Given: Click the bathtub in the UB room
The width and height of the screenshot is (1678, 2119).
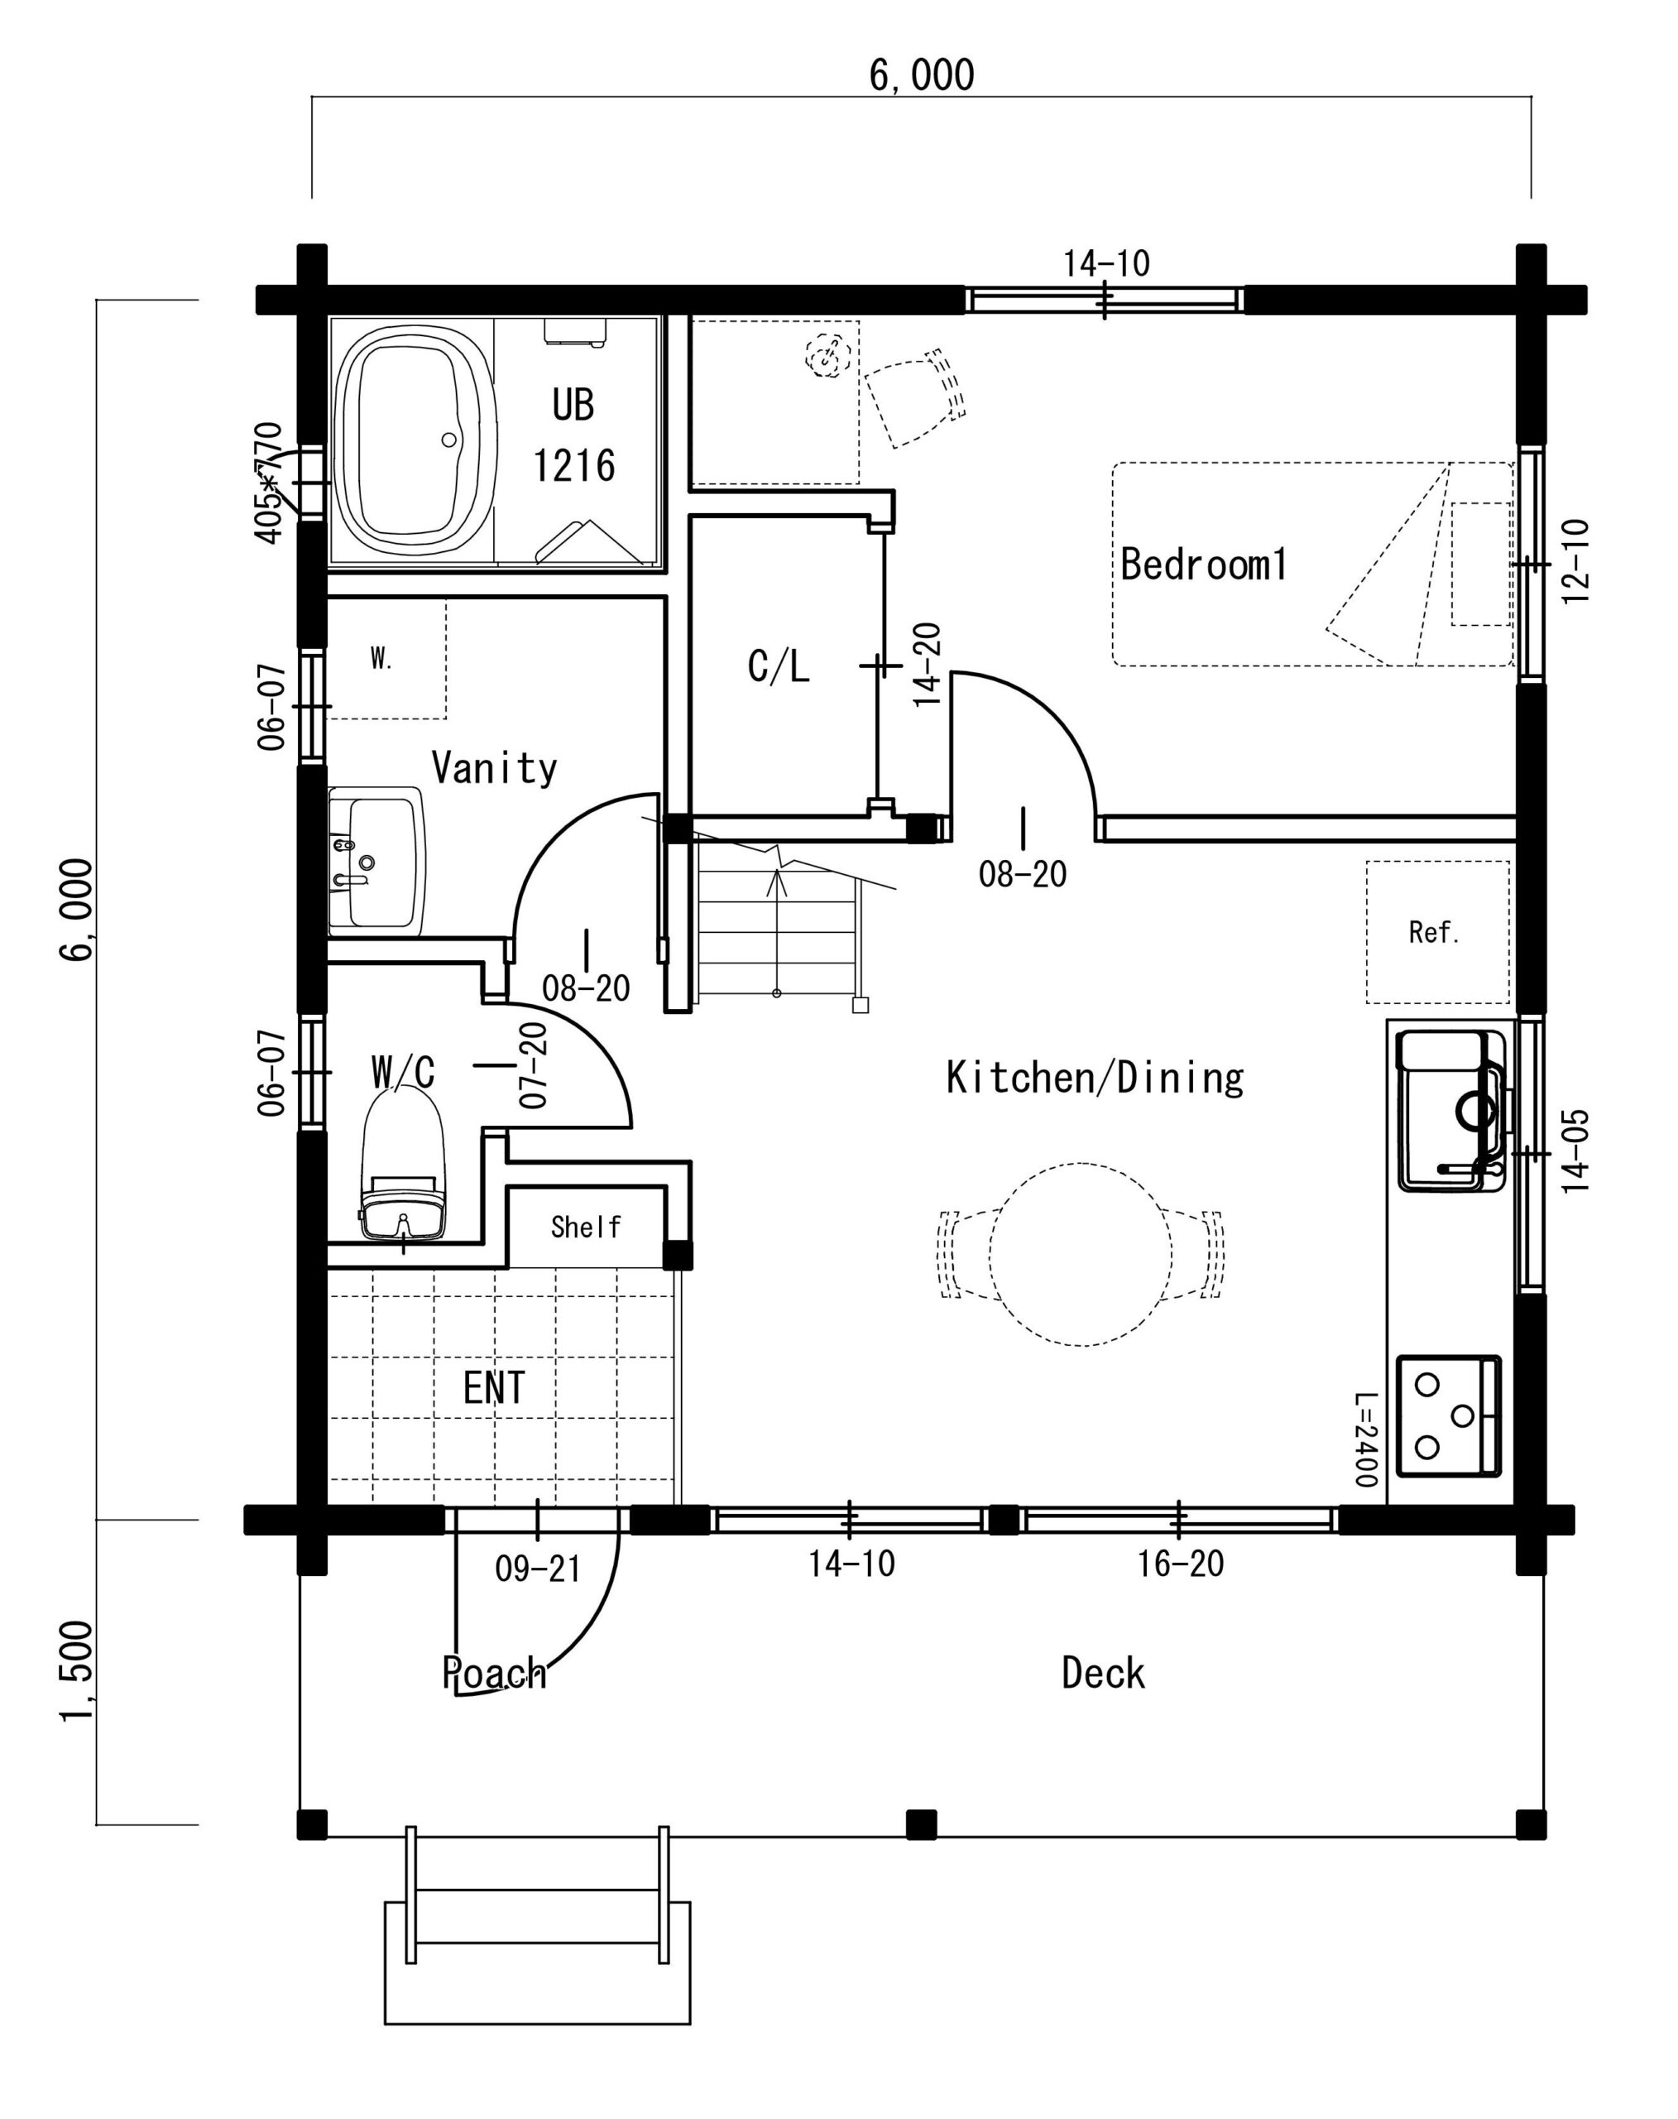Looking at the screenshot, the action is [x=412, y=444].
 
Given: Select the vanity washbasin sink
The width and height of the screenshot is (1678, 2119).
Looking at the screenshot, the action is [x=376, y=862].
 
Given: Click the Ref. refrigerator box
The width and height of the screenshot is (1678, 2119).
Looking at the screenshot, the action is [x=1436, y=932].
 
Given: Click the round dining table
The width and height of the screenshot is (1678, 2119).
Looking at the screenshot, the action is [x=1080, y=1254].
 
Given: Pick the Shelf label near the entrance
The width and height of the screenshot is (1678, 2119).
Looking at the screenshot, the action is [x=586, y=1227].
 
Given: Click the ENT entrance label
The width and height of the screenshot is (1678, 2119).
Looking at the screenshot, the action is [x=494, y=1388].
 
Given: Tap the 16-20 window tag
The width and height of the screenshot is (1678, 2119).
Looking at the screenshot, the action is [x=1181, y=1564].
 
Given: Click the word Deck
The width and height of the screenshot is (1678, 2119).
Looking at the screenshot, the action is [x=1103, y=1673].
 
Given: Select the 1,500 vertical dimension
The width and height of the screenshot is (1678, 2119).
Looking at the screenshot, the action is [x=77, y=1672].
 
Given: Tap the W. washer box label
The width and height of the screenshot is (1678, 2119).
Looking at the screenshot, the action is [x=381, y=659].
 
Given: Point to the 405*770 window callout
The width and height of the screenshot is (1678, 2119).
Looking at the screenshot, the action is [x=269, y=483].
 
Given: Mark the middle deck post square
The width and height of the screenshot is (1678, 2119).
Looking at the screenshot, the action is [x=921, y=1824].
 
